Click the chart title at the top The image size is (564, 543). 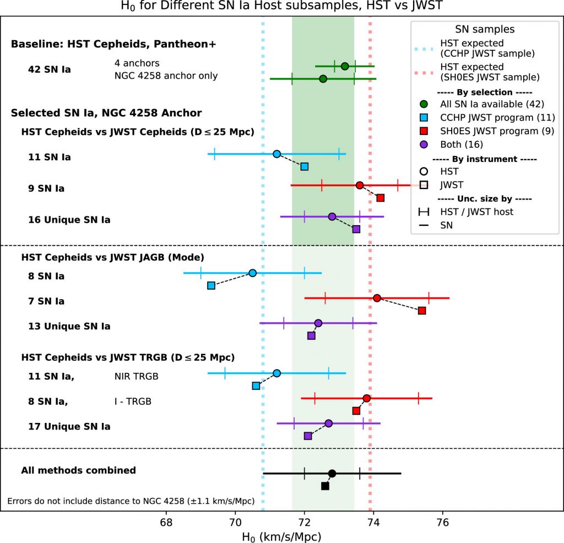[x=281, y=7]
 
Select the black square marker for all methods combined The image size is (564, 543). [x=325, y=486]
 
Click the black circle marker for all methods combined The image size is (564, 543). [x=332, y=473]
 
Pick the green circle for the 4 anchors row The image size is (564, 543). [x=345, y=66]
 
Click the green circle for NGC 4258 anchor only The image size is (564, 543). [x=323, y=79]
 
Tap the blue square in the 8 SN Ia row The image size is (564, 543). [x=211, y=285]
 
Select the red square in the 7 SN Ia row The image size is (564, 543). [x=422, y=311]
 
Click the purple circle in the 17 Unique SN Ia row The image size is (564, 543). [x=329, y=423]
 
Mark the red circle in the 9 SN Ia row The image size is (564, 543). [x=360, y=185]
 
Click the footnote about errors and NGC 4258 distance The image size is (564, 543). [x=131, y=501]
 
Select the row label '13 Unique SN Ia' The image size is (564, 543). [x=69, y=326]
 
